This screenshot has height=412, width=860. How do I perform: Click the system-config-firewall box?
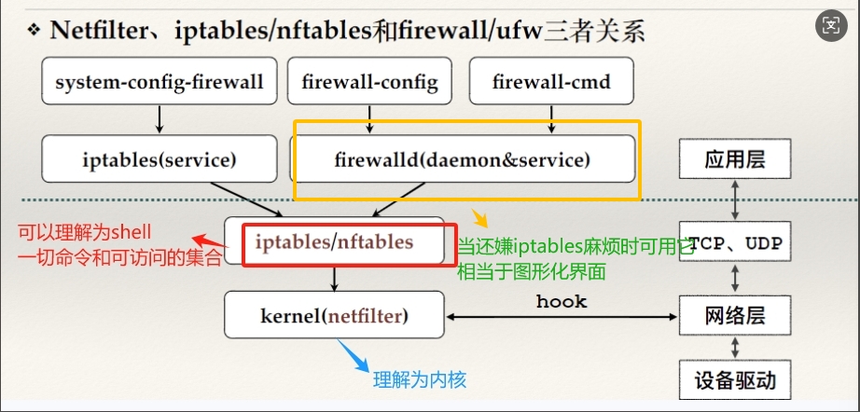point(160,82)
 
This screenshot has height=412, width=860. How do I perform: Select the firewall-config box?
point(369,82)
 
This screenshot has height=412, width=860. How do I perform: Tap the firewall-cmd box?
point(551,82)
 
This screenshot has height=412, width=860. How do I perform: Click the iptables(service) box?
point(160,158)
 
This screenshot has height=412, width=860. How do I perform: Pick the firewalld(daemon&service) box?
point(463,158)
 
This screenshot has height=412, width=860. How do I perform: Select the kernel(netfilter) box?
point(335,315)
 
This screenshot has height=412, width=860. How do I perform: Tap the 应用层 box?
point(735,158)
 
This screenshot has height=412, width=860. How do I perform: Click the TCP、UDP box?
point(735,245)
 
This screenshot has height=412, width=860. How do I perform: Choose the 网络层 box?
point(735,316)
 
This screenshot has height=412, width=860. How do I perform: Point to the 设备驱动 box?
point(735,380)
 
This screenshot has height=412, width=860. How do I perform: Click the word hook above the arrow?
point(562,301)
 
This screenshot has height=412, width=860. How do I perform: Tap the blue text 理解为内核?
point(419,379)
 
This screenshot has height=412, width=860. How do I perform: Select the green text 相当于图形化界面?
point(531,271)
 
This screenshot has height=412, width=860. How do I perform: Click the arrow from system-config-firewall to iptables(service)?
point(160,118)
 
